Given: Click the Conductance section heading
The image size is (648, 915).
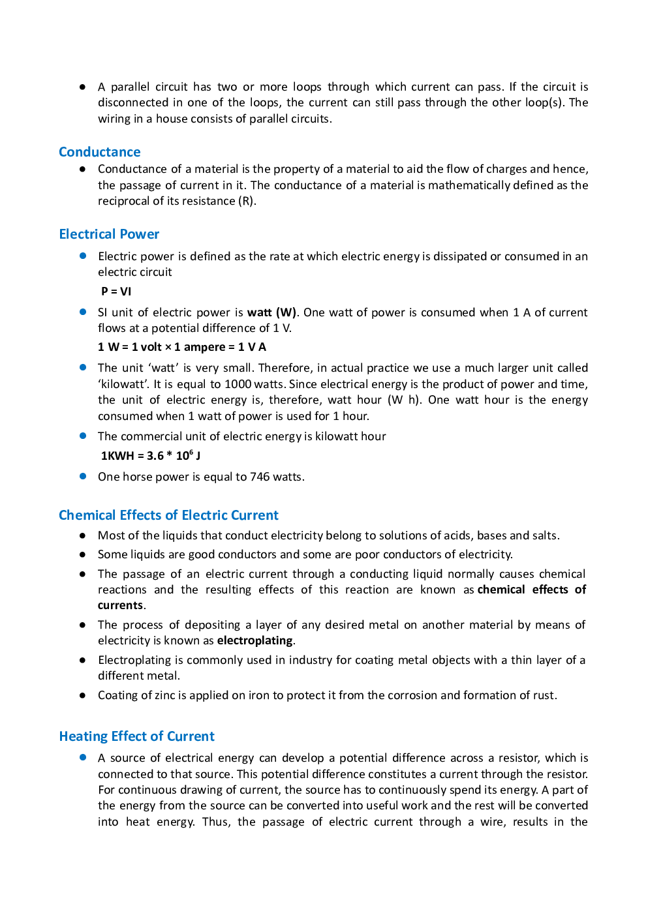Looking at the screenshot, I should (99, 152).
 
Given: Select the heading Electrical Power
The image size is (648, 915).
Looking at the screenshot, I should (109, 234).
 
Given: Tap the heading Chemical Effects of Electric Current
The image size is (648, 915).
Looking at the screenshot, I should (168, 515).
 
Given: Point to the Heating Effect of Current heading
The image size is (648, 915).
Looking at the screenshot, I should (136, 736).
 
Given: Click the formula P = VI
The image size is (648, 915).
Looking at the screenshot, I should (116, 292).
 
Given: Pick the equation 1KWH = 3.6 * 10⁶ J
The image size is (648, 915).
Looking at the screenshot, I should (150, 456).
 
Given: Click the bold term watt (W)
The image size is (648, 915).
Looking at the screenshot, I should (271, 312).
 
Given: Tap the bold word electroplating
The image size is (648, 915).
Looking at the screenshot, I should (255, 640).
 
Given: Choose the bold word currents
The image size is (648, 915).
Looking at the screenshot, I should (120, 605).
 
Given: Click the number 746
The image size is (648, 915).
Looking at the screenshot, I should (260, 477).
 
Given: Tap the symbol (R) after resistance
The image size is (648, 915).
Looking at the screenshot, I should (246, 201).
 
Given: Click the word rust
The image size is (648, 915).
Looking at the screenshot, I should (544, 695).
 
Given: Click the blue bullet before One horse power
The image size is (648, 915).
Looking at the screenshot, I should (83, 476).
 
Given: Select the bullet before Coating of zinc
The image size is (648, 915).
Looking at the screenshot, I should (83, 695).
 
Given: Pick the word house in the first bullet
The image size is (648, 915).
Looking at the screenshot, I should (172, 119).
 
